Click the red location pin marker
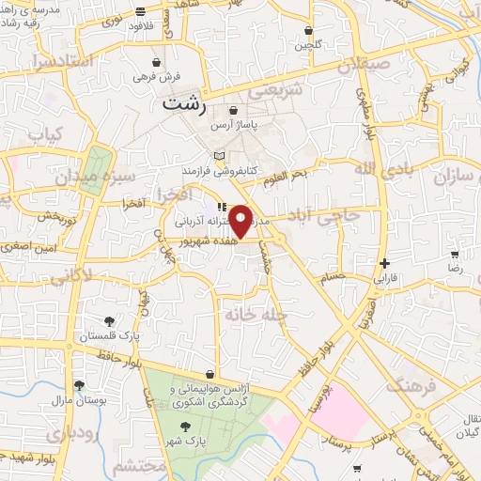241,220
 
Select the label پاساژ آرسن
232,124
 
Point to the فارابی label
386,278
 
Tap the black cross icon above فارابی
384,263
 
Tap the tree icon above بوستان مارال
79,385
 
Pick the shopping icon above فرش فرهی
154,61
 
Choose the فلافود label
142,26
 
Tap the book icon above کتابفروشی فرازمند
219,156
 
